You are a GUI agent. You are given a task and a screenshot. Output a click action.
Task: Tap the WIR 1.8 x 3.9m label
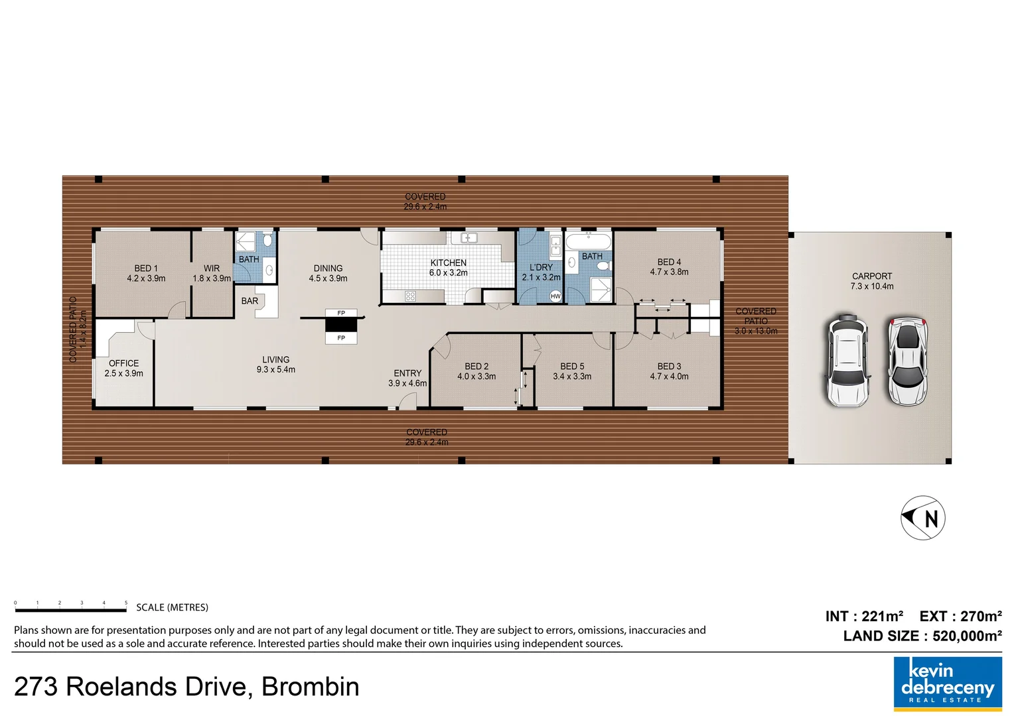point(212,273)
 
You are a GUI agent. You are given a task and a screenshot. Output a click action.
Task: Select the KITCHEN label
point(448,263)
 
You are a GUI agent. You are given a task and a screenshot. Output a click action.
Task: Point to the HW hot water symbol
point(555,296)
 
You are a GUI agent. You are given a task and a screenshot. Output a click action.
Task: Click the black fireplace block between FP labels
point(341,326)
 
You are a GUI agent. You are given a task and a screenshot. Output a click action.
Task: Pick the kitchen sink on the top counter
point(469,237)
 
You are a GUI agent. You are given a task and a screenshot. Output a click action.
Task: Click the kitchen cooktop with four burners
point(410,296)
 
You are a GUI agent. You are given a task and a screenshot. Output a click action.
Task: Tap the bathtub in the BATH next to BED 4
point(588,241)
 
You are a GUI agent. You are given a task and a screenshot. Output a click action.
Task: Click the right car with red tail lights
point(907,361)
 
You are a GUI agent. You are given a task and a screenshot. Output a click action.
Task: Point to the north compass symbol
point(923,518)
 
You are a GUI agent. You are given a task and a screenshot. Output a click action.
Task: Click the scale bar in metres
point(71,609)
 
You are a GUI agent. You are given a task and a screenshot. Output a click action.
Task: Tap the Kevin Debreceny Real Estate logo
point(947,684)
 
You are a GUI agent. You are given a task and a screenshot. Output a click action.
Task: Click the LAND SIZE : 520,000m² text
point(922,636)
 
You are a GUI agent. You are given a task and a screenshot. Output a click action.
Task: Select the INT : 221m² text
point(864,617)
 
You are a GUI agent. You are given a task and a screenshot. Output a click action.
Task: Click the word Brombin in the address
point(310,687)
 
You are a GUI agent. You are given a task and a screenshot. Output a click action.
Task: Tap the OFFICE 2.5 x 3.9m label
point(123,368)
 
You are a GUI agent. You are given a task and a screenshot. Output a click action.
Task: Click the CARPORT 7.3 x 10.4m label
point(871,281)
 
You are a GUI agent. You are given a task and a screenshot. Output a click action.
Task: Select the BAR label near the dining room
point(250,301)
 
